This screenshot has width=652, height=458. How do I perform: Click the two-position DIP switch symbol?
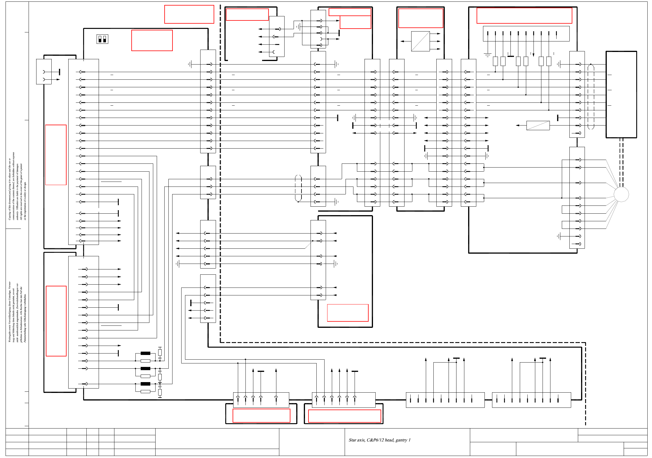click(102, 39)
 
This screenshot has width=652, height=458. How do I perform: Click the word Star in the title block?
click(353, 440)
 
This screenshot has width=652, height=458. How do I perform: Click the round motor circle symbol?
click(621, 194)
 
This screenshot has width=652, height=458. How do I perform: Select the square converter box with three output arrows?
click(420, 41)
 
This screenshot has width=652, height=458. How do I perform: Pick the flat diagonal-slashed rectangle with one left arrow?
click(538, 126)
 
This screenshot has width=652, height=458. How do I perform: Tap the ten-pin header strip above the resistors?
click(526, 34)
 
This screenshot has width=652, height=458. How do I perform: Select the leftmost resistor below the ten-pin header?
click(495, 61)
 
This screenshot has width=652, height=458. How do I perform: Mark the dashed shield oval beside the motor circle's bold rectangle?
click(591, 97)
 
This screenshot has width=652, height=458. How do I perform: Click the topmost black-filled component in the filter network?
click(145, 353)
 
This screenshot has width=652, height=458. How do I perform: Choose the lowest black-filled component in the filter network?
click(145, 384)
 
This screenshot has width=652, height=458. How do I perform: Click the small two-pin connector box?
click(44, 72)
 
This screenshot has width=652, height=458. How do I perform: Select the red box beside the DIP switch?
click(152, 40)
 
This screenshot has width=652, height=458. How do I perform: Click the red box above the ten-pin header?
click(524, 15)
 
